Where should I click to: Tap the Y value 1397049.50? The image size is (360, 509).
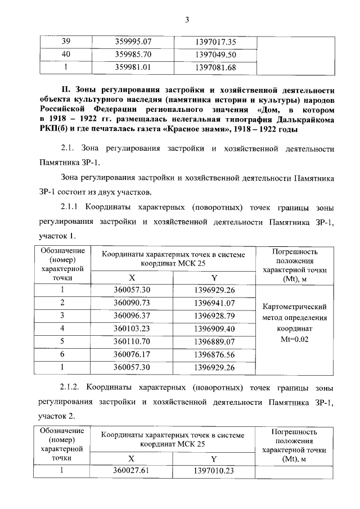215,55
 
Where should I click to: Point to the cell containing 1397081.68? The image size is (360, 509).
215,67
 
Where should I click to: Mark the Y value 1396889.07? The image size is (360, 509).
214,341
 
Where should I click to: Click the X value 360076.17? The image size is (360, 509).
133,354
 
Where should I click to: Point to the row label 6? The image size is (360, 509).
62,354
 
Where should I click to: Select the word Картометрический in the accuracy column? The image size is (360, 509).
295,308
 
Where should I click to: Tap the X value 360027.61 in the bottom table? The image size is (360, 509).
133,470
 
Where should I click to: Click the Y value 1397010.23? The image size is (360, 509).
214,470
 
